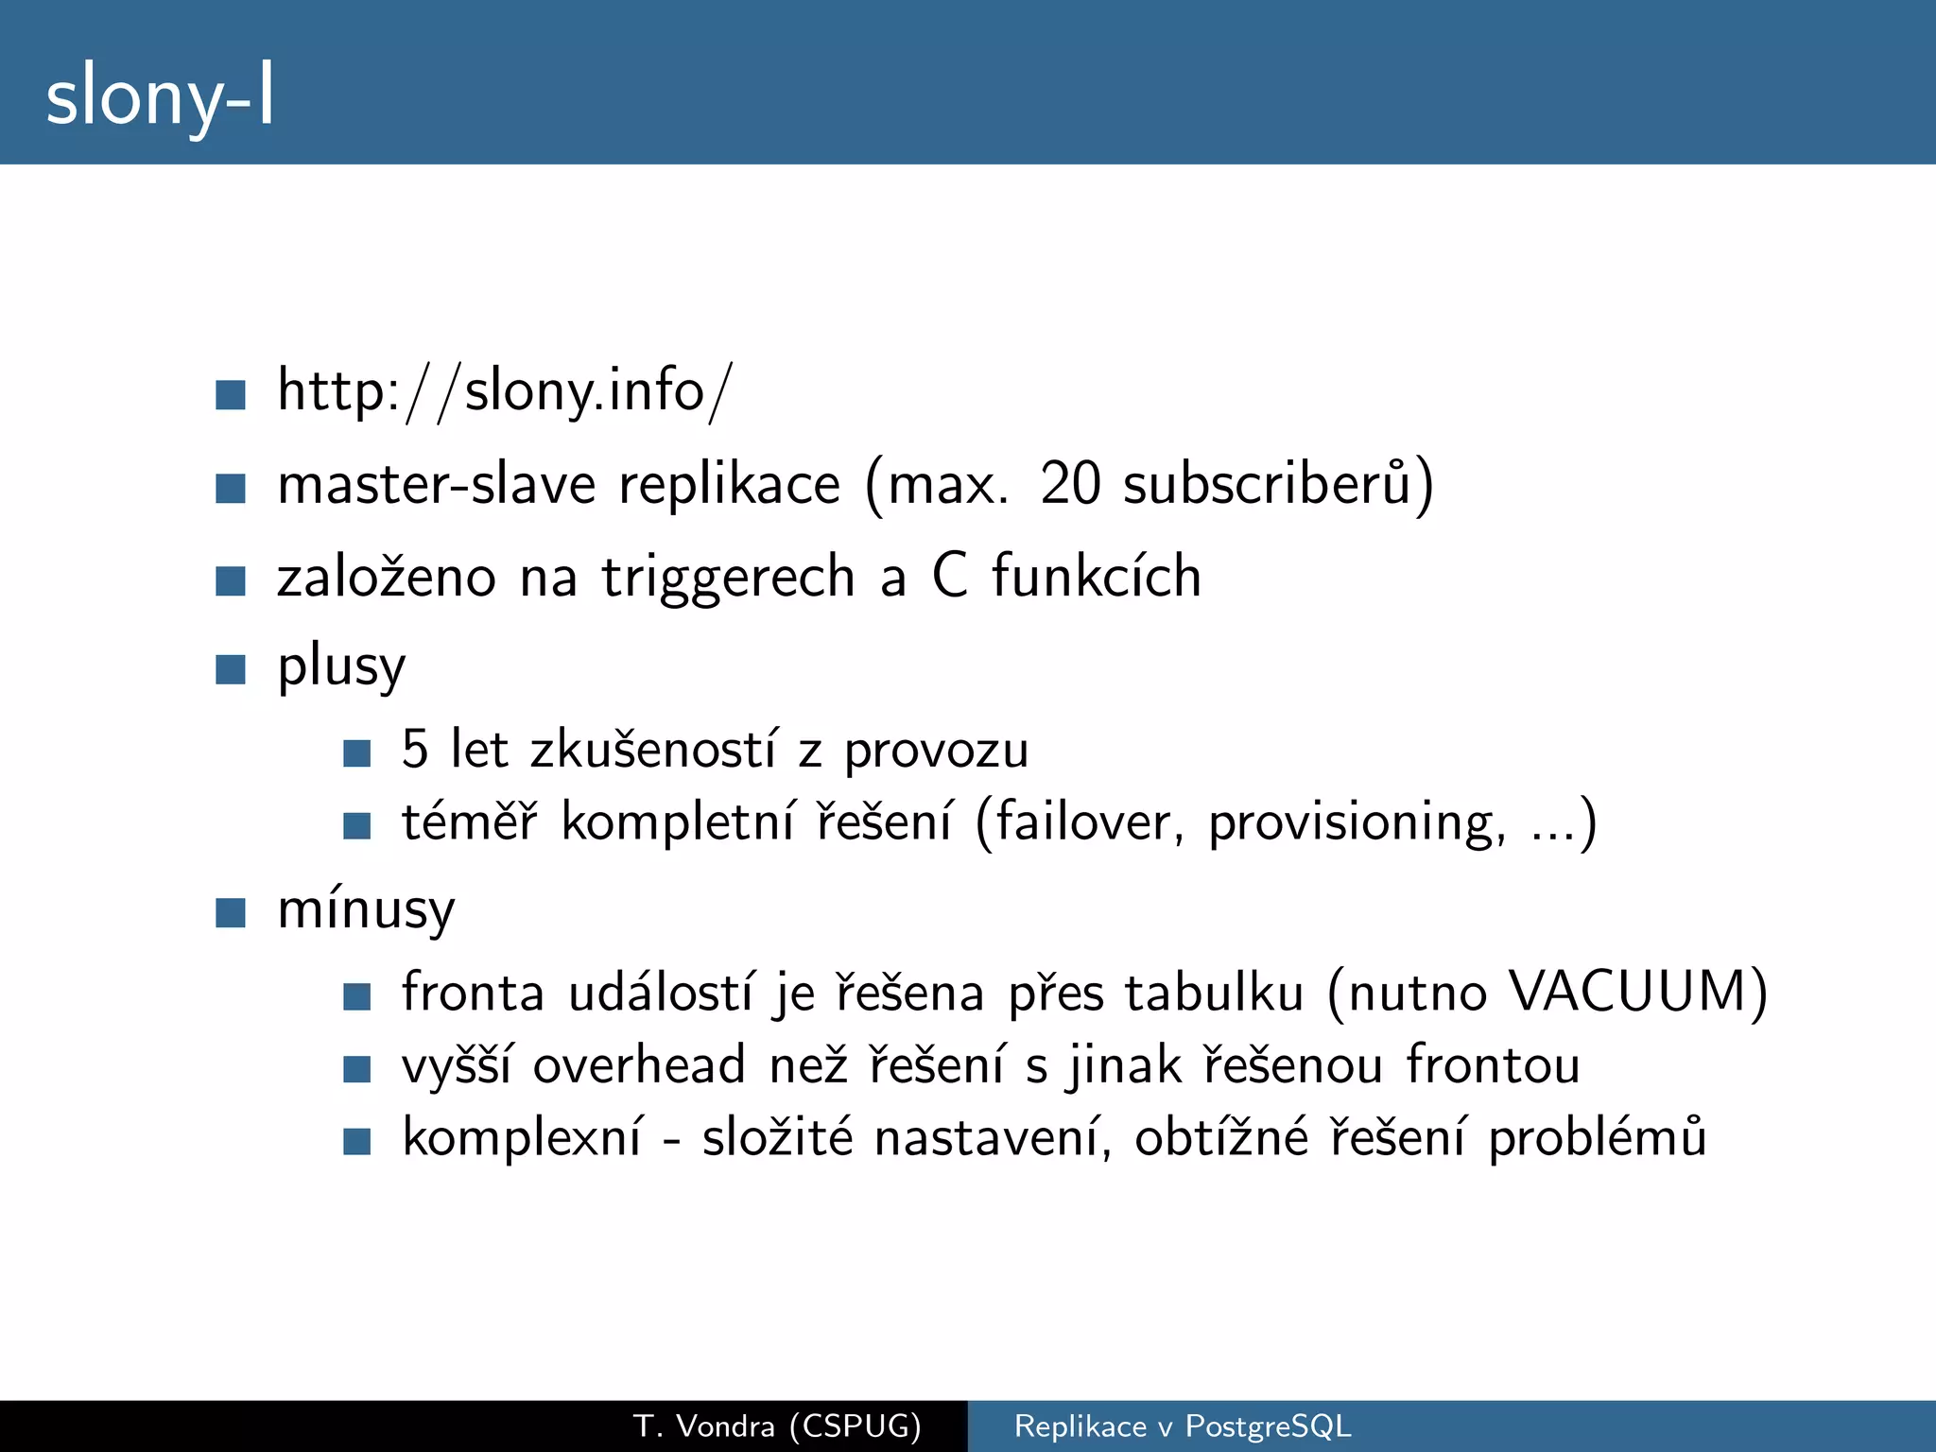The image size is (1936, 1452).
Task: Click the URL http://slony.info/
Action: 504,390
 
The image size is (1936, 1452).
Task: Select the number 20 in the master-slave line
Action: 1070,484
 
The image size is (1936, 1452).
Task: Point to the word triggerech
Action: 728,577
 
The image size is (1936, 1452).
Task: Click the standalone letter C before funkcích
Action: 950,576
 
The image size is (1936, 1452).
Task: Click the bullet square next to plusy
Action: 231,669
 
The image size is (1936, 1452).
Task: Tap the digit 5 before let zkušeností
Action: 415,750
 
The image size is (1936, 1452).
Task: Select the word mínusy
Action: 366,911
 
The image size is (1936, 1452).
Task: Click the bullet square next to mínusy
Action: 231,913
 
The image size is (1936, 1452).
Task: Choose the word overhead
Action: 639,1065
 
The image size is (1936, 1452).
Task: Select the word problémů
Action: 1598,1138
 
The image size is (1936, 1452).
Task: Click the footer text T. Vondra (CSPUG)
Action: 777,1426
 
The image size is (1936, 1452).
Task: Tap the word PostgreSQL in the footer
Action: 1268,1426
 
